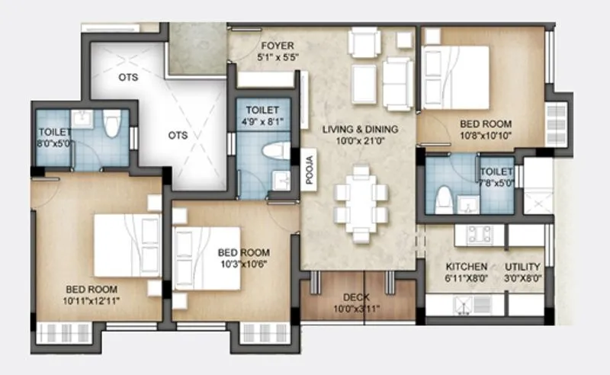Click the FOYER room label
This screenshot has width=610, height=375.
(278, 46)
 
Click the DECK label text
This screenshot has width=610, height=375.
(356, 297)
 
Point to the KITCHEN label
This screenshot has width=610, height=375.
(466, 267)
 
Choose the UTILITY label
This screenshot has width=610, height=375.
(522, 267)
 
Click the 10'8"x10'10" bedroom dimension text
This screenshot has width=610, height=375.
(485, 135)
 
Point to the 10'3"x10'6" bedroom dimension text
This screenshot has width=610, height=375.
(242, 264)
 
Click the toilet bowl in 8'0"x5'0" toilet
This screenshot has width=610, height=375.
(112, 123)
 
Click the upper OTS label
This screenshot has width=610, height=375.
(127, 77)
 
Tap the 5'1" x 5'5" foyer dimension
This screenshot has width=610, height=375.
(278, 57)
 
